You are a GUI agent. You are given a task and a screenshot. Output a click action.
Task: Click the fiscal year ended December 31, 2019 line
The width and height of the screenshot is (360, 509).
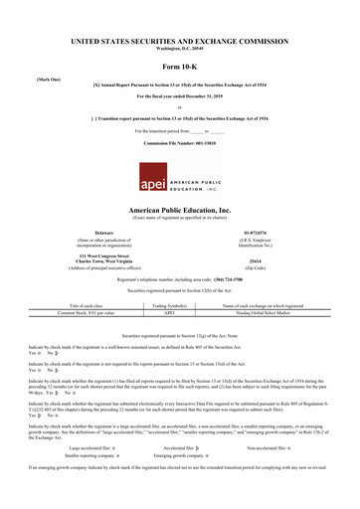pyautogui.click(x=179, y=98)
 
